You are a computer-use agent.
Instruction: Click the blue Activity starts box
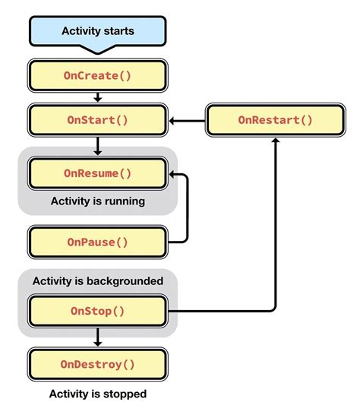tap(97, 31)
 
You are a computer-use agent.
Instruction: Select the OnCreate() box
tap(97, 76)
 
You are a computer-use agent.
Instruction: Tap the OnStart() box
tap(97, 120)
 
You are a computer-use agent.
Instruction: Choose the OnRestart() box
tap(275, 120)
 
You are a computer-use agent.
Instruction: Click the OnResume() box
tap(97, 173)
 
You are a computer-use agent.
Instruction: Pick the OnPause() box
tap(97, 242)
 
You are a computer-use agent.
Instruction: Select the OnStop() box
tap(97, 311)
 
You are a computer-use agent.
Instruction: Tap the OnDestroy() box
tap(97, 364)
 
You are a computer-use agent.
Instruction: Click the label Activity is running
tap(97, 201)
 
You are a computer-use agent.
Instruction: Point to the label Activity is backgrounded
tap(97, 281)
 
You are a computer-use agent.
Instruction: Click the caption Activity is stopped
tap(97, 394)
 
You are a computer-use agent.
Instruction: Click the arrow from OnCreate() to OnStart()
tap(97, 98)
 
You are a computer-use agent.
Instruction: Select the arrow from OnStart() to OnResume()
tap(97, 144)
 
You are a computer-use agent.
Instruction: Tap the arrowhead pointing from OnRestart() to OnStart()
tap(174, 120)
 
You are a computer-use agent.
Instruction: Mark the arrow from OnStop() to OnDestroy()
tap(97, 337)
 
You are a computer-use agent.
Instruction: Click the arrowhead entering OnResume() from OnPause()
tap(174, 174)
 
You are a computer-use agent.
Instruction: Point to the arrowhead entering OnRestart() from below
tap(275, 141)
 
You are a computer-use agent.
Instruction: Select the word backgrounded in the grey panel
tap(125, 281)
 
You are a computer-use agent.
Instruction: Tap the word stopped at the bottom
tap(126, 394)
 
